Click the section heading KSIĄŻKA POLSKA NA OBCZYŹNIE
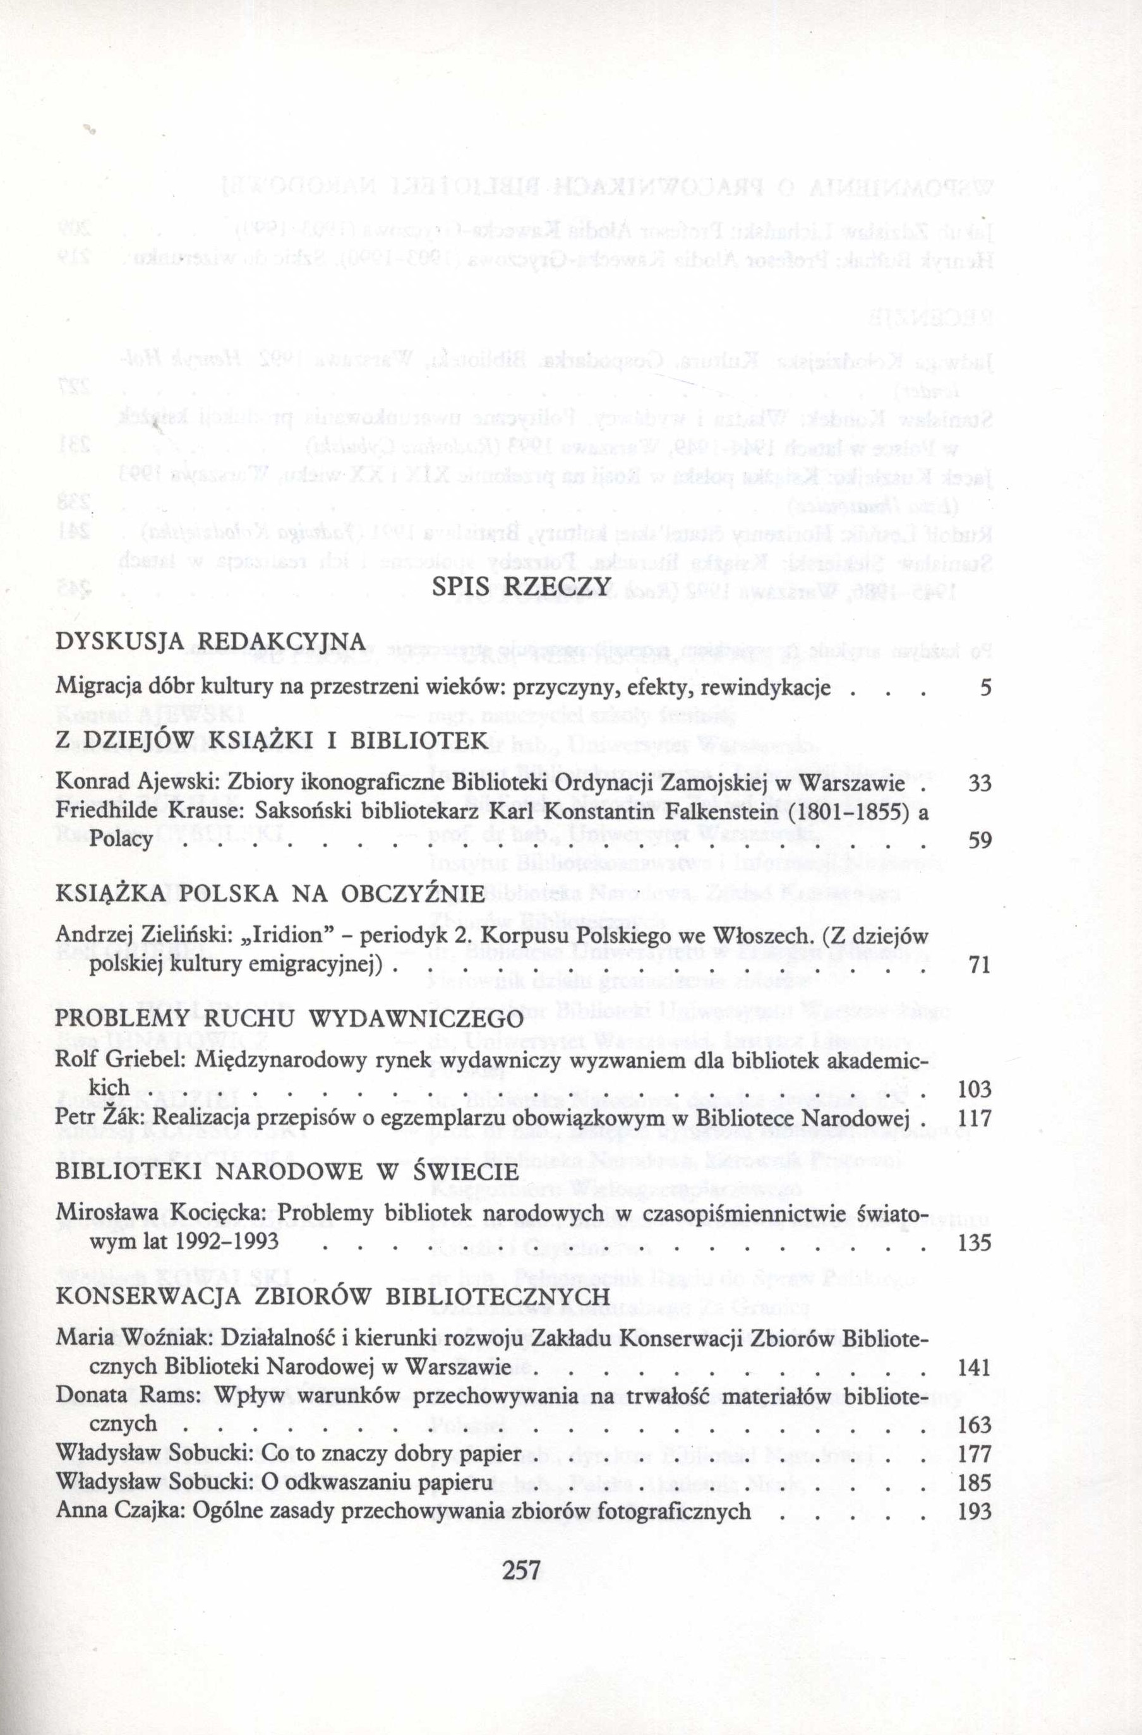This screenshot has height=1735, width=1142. (270, 894)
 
